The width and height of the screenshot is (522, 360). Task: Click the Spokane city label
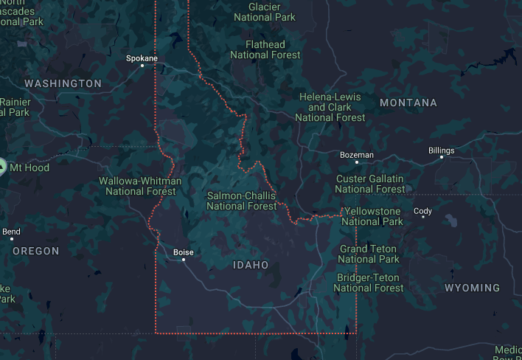coord(142,58)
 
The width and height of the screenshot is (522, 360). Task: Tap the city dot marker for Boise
coord(184,260)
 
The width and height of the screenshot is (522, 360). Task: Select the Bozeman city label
coord(357,155)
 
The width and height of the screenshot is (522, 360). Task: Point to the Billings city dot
coord(442,157)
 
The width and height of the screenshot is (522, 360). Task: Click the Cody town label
coord(422,211)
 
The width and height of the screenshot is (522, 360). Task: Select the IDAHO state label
coord(251,265)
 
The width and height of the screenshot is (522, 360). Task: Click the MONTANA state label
coord(408,103)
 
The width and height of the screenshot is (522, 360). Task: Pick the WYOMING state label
coord(473,288)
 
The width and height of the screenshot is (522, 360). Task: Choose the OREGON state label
coord(35,251)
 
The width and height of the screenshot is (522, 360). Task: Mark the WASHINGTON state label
coord(63,83)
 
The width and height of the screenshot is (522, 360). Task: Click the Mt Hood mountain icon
coord(2,167)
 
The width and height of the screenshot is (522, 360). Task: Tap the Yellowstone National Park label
coord(372,216)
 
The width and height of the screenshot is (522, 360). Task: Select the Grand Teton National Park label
coord(369,254)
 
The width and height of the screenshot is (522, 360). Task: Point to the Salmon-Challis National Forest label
coord(241,201)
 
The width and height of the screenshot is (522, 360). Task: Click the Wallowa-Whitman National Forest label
coord(140,186)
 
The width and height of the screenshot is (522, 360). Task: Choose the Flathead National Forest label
coord(265,49)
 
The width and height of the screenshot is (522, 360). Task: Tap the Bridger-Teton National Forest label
coord(369,283)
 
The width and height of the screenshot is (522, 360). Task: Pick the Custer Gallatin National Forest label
coord(370,184)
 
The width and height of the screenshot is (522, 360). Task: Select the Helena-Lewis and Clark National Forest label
coord(330,107)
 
